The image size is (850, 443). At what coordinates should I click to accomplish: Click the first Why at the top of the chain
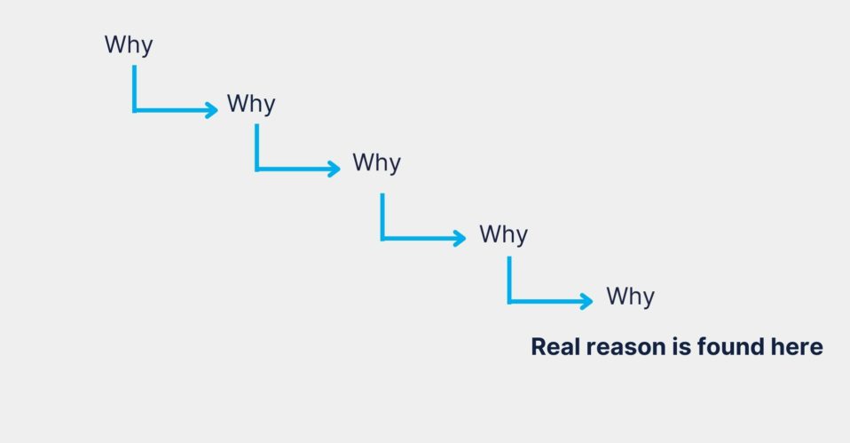click(129, 45)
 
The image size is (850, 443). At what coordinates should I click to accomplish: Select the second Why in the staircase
click(251, 104)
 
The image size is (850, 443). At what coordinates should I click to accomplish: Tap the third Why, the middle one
click(377, 162)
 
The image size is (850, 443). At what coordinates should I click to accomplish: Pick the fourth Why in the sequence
click(504, 234)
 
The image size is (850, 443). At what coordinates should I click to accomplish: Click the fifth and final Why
click(631, 297)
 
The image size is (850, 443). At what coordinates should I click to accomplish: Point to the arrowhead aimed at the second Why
click(213, 110)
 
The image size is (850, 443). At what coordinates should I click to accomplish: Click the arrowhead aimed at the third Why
click(335, 169)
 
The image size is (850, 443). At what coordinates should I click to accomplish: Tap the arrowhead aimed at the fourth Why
click(460, 238)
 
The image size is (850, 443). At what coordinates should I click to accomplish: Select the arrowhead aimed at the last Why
click(587, 301)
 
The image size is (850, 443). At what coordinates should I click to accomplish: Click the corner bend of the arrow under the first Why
click(135, 110)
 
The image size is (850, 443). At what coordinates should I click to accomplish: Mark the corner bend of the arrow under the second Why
click(257, 169)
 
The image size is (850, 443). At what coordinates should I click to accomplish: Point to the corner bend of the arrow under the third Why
click(382, 238)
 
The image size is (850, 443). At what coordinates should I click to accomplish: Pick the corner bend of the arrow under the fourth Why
click(509, 301)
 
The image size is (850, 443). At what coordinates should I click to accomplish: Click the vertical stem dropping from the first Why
click(135, 88)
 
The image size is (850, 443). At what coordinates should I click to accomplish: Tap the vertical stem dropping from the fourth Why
click(509, 280)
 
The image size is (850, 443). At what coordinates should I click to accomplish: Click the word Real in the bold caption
click(555, 346)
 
